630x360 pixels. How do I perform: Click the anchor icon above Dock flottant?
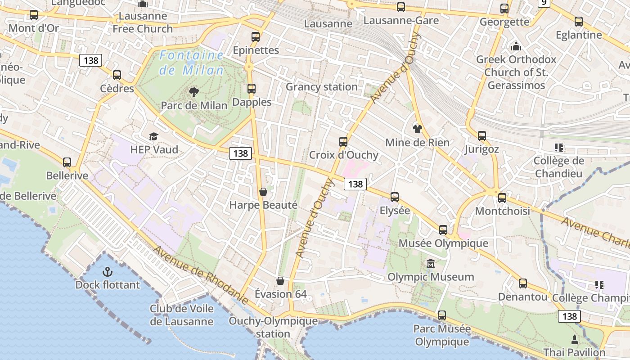(107, 271)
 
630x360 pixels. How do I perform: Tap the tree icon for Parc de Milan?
(194, 92)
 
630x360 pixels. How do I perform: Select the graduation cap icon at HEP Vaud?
(154, 136)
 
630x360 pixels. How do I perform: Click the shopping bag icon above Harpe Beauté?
(263, 192)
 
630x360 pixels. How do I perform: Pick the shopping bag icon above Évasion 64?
(280, 281)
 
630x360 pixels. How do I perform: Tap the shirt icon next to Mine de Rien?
(418, 129)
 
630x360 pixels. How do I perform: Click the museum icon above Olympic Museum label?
(431, 263)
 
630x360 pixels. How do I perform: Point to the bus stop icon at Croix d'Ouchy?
(343, 142)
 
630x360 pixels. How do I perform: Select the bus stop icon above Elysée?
(395, 197)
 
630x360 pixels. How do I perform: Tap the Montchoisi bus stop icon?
(502, 198)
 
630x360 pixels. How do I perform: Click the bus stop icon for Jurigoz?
(482, 135)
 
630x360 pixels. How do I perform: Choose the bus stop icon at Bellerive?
(67, 162)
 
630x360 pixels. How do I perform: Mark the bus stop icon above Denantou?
(522, 283)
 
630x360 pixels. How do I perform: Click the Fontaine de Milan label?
(192, 63)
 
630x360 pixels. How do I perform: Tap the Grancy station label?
(322, 87)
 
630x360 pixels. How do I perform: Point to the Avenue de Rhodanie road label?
(201, 274)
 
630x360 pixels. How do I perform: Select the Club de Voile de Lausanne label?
(182, 315)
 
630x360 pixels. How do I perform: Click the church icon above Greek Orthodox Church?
(516, 46)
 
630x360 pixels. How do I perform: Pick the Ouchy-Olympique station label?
(273, 327)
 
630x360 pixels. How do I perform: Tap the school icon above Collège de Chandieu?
(559, 147)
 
